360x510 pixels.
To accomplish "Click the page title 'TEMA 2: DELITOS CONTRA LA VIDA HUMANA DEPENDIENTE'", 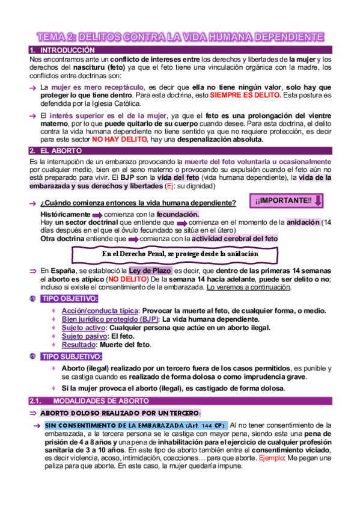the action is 180,37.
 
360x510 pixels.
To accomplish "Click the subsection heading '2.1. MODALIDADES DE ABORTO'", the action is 97,401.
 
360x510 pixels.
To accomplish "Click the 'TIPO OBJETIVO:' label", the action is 70,299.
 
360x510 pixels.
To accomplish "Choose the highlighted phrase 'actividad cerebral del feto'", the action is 226,239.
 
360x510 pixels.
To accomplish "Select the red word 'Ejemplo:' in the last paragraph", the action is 275,458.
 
